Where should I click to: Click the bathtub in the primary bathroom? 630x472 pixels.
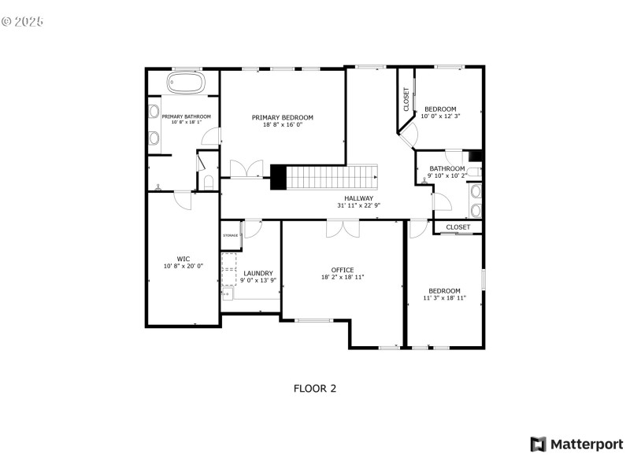[x=185, y=83]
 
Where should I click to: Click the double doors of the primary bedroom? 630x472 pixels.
[x=246, y=169]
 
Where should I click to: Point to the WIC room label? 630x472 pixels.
[x=183, y=258]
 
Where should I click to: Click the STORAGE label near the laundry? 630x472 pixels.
[x=230, y=235]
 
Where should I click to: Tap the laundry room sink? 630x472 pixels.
[x=228, y=294]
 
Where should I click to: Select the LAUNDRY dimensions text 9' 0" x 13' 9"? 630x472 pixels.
[x=258, y=281]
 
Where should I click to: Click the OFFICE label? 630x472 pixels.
[x=343, y=269]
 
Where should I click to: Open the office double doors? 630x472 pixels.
[x=343, y=227]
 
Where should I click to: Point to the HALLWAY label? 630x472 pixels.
[x=364, y=198]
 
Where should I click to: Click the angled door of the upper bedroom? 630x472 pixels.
[x=409, y=132]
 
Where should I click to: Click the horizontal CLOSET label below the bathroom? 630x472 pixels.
[x=458, y=227]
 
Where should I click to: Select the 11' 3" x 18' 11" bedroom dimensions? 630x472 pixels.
[x=444, y=298]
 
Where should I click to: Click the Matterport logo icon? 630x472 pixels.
[x=539, y=444]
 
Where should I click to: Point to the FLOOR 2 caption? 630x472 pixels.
[x=315, y=388]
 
